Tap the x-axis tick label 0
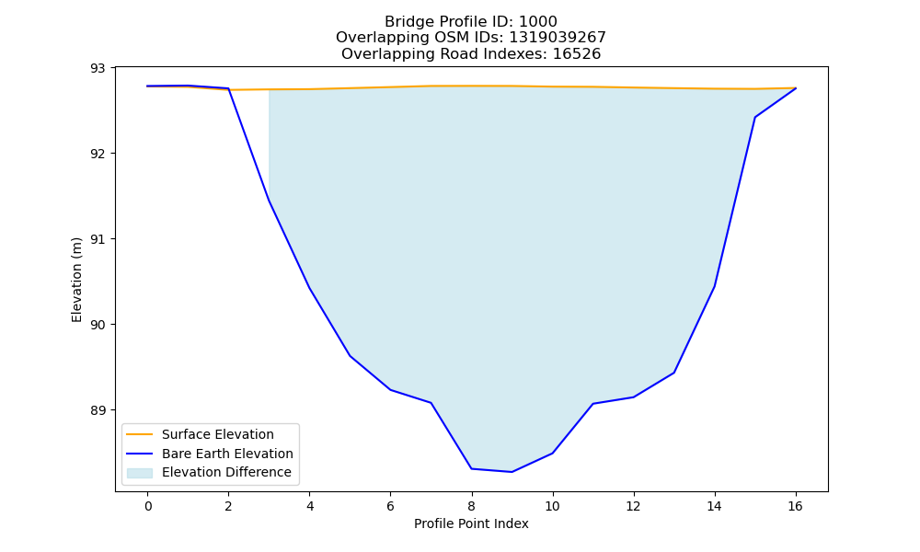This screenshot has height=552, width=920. (x=148, y=506)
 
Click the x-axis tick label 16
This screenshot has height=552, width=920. (x=795, y=506)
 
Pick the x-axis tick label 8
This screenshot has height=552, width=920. (x=472, y=506)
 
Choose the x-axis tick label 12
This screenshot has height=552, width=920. (x=633, y=506)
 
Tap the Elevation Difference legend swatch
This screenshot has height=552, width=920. (x=140, y=473)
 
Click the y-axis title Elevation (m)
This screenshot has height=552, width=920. (x=76, y=280)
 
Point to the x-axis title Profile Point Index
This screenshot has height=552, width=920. (x=471, y=523)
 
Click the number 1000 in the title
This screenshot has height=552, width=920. (x=537, y=22)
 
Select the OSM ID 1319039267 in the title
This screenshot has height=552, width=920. (x=557, y=38)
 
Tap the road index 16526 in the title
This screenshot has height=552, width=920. (x=576, y=54)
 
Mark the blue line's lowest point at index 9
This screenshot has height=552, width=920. (x=512, y=472)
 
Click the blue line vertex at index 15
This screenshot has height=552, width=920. (x=754, y=118)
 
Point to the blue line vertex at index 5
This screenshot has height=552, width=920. (x=350, y=356)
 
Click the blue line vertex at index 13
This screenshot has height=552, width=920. (x=673, y=373)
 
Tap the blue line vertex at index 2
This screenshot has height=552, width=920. (x=228, y=88)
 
